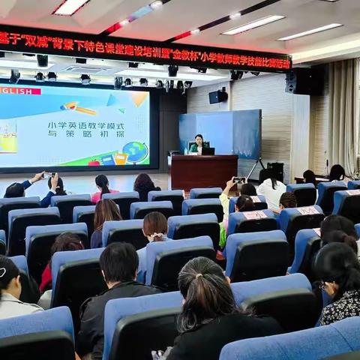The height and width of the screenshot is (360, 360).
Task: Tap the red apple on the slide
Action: point(94,162)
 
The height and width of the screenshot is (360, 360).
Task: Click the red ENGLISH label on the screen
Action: point(19,91)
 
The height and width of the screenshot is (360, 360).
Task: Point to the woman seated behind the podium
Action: point(198,144)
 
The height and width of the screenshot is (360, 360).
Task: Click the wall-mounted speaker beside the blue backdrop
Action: point(217,96)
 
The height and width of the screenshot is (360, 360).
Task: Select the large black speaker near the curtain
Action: point(303,81)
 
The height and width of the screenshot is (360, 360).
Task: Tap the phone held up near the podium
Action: point(238,180)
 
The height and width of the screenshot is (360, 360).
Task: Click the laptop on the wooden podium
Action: point(208,151)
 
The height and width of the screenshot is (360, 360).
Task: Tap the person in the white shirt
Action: point(271,189)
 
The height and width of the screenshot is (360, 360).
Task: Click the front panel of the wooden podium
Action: point(203,172)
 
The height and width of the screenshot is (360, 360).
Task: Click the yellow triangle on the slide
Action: point(138,98)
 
